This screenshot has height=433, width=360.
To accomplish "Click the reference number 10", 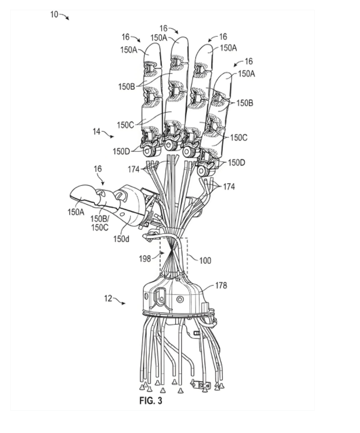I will click(x=54, y=14).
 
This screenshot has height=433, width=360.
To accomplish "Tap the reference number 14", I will click(x=96, y=132).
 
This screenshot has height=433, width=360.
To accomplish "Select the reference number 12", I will click(x=108, y=298).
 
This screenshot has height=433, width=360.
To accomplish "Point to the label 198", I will click(x=145, y=259).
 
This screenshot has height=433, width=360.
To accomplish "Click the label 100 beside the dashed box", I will click(x=205, y=260).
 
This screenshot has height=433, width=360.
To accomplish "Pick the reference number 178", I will click(x=221, y=286).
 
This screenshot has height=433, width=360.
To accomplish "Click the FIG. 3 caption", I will click(x=151, y=401).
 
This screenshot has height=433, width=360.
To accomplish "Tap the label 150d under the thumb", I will click(x=121, y=239).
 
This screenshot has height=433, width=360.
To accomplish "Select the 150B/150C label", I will click(x=99, y=223).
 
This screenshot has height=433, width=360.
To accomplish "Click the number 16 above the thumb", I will click(x=98, y=169).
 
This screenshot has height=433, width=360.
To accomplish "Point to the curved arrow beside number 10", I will click(x=64, y=16).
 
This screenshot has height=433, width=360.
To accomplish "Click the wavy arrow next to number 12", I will click(x=119, y=301).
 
